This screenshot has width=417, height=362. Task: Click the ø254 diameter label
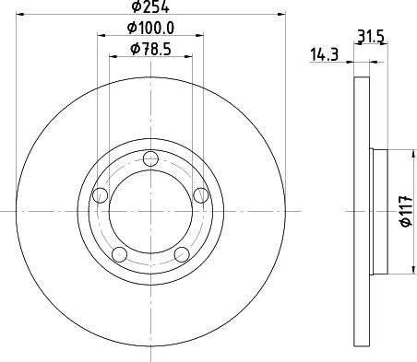tap(150, 6)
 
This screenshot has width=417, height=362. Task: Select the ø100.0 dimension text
tap(150, 28)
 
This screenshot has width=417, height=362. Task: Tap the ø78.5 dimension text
tap(150, 49)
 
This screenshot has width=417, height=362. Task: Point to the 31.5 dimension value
tap(371, 37)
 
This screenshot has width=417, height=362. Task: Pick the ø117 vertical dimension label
tap(406, 211)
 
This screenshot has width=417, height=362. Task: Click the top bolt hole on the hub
tap(150, 158)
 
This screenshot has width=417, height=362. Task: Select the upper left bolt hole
tap(100, 195)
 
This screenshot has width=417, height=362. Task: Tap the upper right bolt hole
tap(201, 195)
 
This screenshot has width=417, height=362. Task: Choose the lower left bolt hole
tap(119, 254)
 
